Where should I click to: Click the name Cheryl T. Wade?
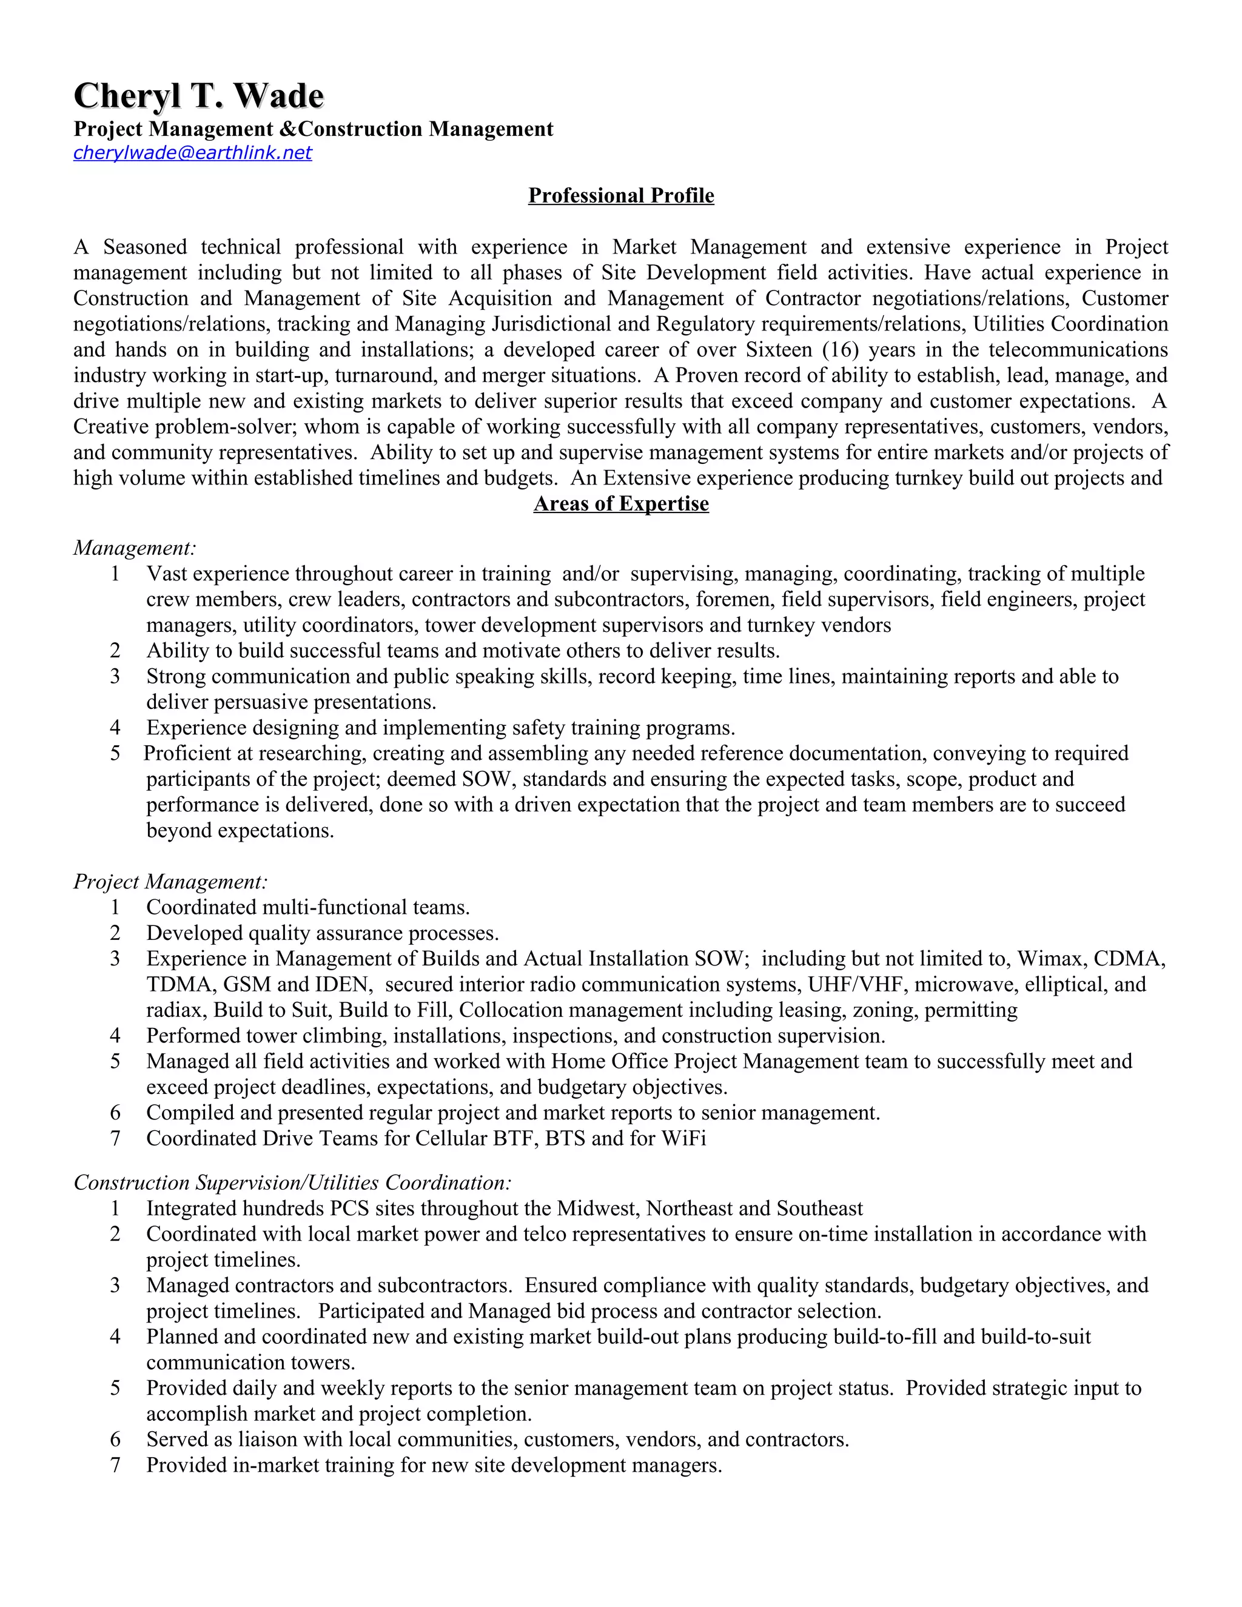[x=199, y=96]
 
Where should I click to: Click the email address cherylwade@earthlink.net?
[x=193, y=152]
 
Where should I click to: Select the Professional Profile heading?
[x=621, y=196]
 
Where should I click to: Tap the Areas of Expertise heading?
[x=621, y=504]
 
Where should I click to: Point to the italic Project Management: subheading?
[x=170, y=882]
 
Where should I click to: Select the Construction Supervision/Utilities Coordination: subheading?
[x=292, y=1183]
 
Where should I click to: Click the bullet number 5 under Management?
[x=115, y=753]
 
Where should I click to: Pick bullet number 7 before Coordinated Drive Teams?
[x=115, y=1138]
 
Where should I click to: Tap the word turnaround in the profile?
[x=384, y=375]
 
